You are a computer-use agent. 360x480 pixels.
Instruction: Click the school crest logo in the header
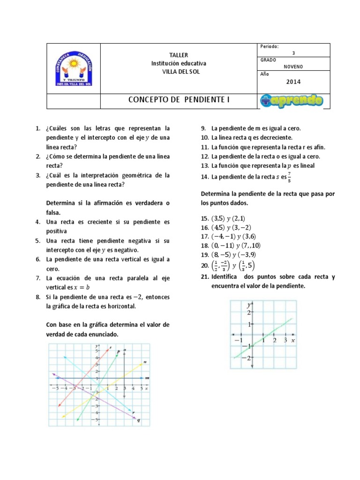coord(74,68)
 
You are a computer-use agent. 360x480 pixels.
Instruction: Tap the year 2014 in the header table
coord(293,82)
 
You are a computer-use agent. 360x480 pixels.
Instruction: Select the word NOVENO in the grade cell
coord(293,67)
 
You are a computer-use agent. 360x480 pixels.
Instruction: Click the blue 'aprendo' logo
coord(291,101)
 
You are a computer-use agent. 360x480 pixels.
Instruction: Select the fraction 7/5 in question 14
coord(289,177)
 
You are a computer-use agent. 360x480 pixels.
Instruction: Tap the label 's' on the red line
coord(110,347)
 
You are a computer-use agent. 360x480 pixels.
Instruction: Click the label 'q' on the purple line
coord(139,420)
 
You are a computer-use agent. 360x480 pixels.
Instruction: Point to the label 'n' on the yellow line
coord(145,361)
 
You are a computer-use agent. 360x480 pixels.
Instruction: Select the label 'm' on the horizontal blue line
coord(147,377)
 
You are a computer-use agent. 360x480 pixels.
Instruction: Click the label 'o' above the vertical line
coord(125,350)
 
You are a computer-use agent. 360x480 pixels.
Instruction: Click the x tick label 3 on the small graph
coord(285,340)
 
